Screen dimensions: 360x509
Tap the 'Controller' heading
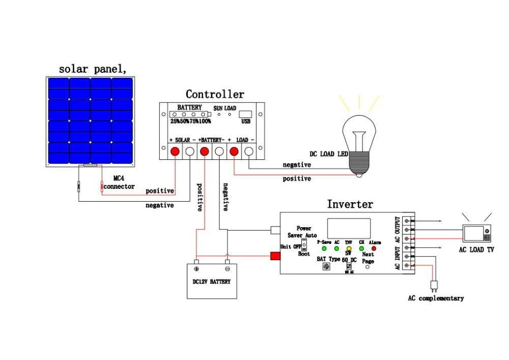point(215,94)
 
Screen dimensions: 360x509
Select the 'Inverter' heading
point(350,204)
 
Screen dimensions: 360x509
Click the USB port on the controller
point(245,115)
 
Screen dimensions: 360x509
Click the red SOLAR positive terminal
point(175,151)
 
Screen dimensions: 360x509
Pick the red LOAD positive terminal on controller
point(234,151)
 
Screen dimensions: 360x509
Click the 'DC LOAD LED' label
point(328,154)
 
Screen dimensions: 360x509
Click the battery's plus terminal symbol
point(196,268)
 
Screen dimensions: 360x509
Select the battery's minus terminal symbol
point(228,268)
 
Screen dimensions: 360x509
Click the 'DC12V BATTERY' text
point(211,282)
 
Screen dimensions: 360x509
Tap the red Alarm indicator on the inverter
point(374,248)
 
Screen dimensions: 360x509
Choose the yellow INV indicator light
point(349,248)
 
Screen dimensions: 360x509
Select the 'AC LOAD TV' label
point(476,250)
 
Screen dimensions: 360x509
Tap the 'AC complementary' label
point(435,298)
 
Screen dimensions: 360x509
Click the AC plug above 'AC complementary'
point(434,284)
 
